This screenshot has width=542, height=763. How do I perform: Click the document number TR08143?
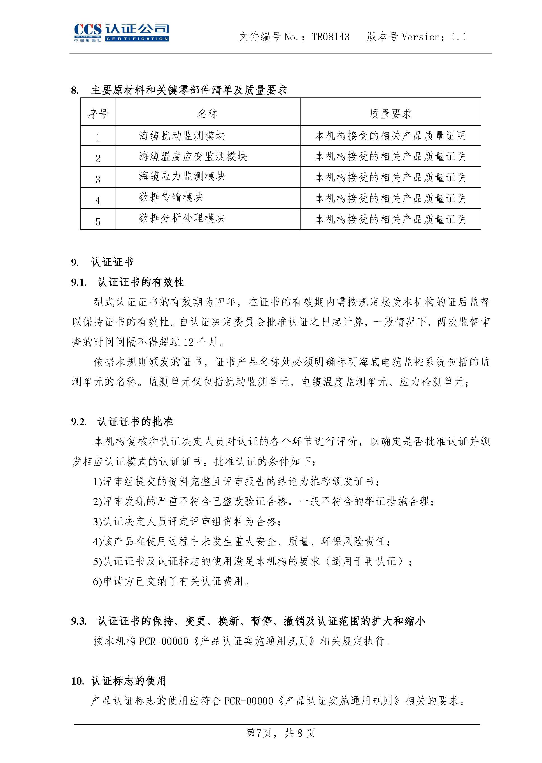(331, 37)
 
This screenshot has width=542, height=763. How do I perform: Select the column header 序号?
(98, 114)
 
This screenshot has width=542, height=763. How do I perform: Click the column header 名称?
(207, 114)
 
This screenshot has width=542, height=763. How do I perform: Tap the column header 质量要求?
(390, 114)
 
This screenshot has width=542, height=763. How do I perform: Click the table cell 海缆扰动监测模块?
(182, 136)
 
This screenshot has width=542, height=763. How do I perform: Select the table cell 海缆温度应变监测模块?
(193, 157)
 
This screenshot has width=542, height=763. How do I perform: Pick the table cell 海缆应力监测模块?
(182, 176)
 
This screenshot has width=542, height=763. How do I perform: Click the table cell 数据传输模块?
(171, 197)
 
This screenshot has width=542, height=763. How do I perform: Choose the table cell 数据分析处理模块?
(182, 218)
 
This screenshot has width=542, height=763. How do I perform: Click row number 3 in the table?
(98, 179)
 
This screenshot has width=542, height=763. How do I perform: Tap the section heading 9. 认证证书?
(102, 262)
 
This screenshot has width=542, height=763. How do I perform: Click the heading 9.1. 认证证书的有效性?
(127, 282)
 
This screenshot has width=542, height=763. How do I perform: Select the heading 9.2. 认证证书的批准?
(122, 422)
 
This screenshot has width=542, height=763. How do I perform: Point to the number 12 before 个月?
(188, 342)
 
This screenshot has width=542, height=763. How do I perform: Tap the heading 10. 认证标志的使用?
(118, 681)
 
